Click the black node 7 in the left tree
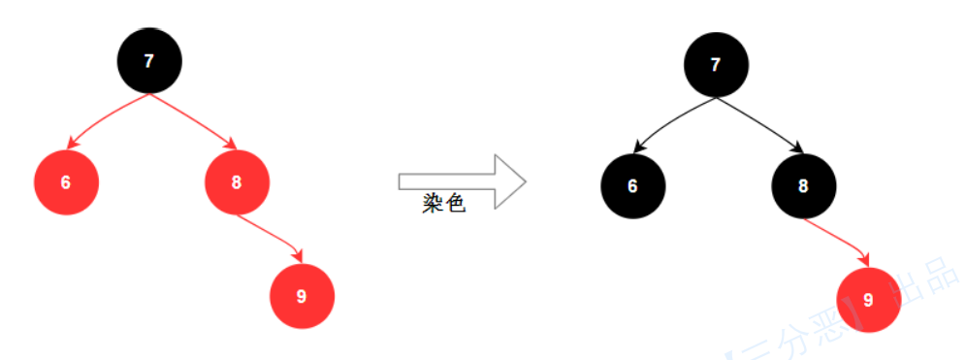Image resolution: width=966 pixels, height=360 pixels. coord(148,61)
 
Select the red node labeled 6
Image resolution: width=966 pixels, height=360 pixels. coord(65,182)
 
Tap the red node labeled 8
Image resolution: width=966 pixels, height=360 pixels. coord(237,182)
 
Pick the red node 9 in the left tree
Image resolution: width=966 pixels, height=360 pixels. coord(301,296)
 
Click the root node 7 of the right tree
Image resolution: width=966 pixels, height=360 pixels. coord(716,65)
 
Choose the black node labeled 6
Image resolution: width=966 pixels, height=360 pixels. coord(632,185)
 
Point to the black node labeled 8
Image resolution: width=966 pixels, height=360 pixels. coord(804,185)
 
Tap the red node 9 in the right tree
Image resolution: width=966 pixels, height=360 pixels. coord(868,300)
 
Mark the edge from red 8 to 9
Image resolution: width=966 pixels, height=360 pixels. coord(272,236)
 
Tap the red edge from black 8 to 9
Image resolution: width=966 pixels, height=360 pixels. coord(838,239)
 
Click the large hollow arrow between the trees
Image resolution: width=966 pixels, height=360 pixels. coord(462,181)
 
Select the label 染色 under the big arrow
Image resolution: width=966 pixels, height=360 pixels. coord(444,206)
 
